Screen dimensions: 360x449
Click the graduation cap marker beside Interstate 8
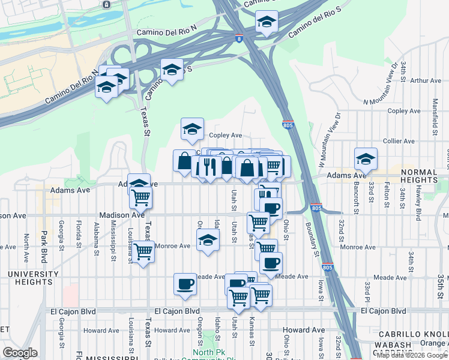pyautogui.click(x=267, y=22)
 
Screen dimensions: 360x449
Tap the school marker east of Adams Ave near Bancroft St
pyautogui.click(x=366, y=159)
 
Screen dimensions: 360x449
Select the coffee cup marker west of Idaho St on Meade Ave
pyautogui.click(x=185, y=283)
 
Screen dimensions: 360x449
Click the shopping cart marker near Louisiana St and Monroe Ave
pyautogui.click(x=143, y=251)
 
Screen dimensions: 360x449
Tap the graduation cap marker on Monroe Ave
pyautogui.click(x=208, y=241)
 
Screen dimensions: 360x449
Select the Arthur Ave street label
pyautogui.click(x=426, y=80)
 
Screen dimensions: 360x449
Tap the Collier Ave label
pyautogui.click(x=400, y=141)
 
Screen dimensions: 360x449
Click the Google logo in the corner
pyautogui.click(x=20, y=353)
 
